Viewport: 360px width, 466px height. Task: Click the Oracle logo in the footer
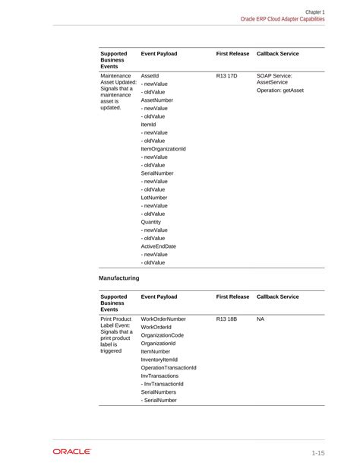[71, 452]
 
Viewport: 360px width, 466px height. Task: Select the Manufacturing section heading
[119, 278]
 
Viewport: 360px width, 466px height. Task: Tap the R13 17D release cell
[227, 76]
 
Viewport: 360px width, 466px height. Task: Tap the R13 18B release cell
[227, 319]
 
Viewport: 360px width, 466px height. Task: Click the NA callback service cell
[261, 319]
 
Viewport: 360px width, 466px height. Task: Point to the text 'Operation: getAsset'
[286, 90]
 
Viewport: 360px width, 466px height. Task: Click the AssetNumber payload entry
[157, 100]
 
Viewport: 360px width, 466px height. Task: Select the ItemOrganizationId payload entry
[163, 149]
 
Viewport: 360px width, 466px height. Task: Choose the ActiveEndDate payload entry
[159, 246]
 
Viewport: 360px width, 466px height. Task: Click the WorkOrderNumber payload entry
[163, 319]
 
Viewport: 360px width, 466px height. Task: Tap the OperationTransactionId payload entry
[169, 368]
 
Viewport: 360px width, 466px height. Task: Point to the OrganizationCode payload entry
[163, 335]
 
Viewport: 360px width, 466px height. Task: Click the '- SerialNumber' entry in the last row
[159, 400]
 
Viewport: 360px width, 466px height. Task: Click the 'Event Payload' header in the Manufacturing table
[159, 296]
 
